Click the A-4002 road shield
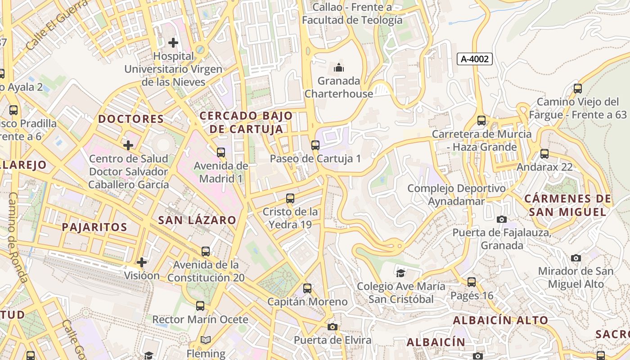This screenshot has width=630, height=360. (x=475, y=58)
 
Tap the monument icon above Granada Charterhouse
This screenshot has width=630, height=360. (x=338, y=68)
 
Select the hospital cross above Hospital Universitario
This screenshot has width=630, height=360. (x=173, y=43)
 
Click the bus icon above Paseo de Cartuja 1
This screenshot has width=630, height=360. (x=315, y=145)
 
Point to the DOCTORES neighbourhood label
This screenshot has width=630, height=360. (x=131, y=119)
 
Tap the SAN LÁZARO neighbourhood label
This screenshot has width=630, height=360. (x=197, y=220)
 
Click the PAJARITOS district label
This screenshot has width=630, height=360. (x=94, y=227)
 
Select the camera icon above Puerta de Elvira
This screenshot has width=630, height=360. (x=333, y=327)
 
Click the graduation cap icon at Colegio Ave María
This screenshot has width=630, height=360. (x=400, y=273)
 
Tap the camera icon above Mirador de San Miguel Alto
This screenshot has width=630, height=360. (x=576, y=258)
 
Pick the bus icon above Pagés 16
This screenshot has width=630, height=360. (x=472, y=282)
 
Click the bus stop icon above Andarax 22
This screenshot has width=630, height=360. (x=544, y=153)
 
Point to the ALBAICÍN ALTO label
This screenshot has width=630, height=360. (x=500, y=320)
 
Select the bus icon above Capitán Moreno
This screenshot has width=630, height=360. (x=307, y=288)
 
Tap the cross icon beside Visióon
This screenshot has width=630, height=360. (x=142, y=262)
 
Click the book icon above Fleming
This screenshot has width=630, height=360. (x=206, y=340)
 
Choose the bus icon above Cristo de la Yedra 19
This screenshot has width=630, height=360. (x=290, y=198)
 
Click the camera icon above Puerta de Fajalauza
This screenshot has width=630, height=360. (x=502, y=219)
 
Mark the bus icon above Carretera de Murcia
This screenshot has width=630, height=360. (x=481, y=120)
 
